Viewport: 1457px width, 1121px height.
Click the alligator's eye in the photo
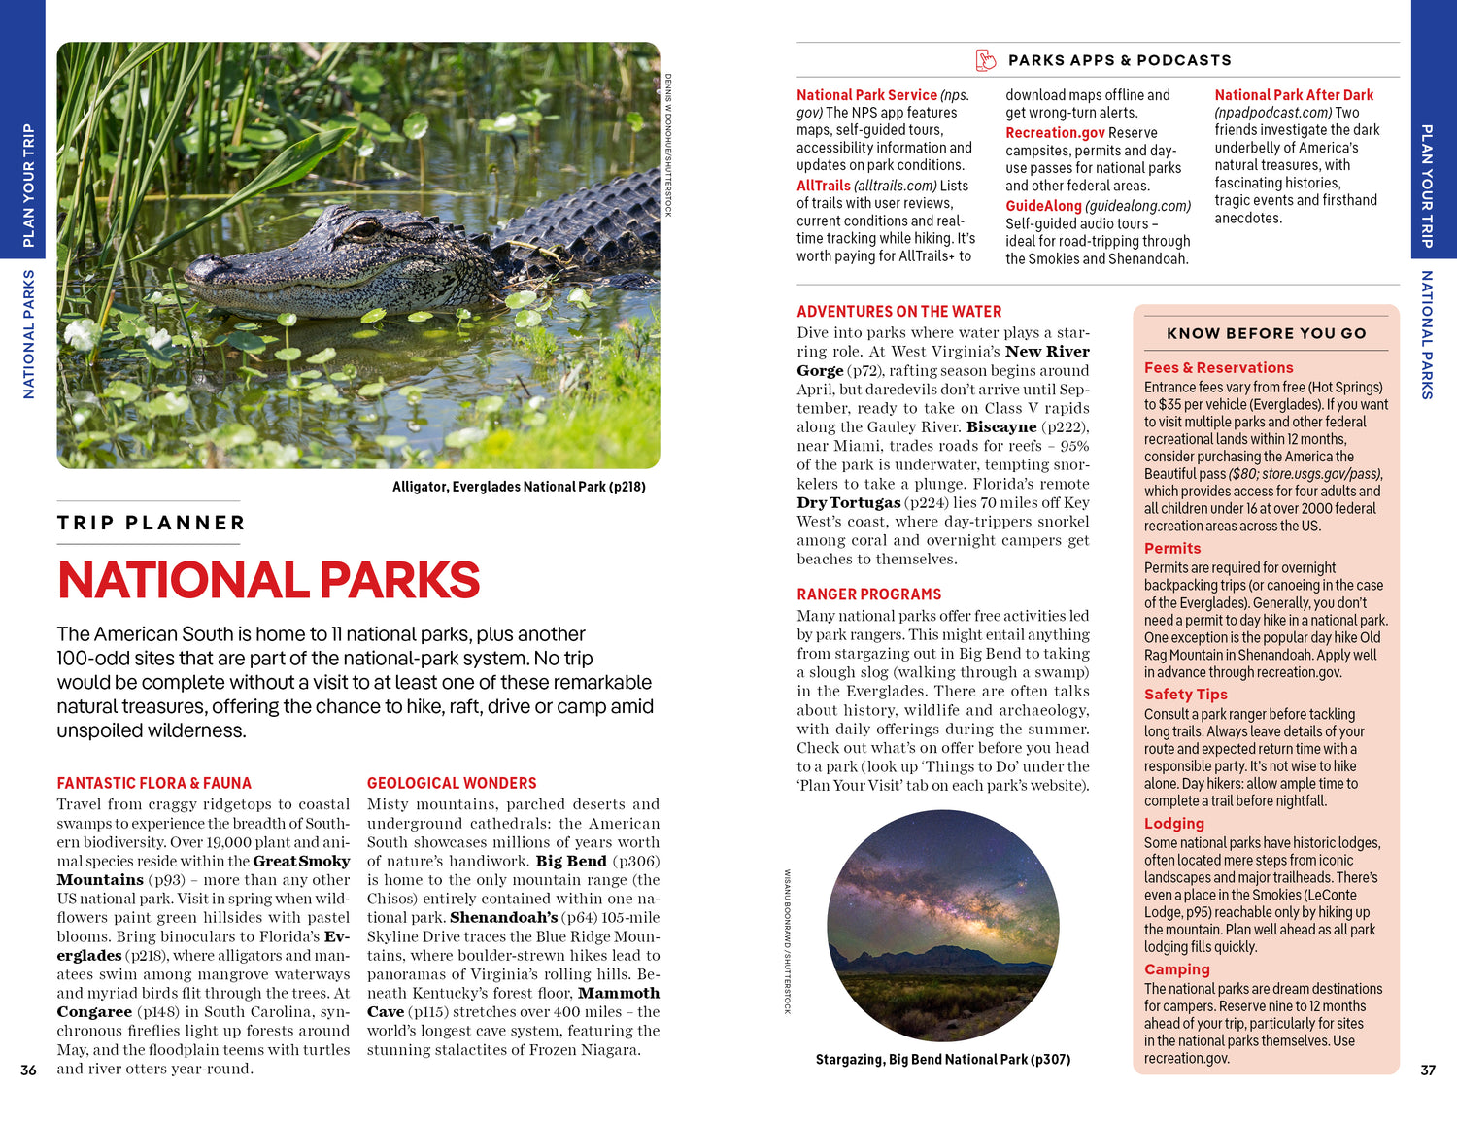(x=364, y=230)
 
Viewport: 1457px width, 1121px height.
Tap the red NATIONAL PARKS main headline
(x=268, y=580)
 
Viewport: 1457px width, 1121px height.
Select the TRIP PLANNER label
(x=151, y=523)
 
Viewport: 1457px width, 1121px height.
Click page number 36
(x=28, y=1070)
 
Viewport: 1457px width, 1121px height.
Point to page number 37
(x=1427, y=1070)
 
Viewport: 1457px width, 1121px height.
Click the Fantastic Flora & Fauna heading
(x=153, y=783)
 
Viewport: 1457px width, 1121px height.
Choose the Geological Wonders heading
(x=452, y=783)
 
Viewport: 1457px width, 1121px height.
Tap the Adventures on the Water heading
(x=898, y=312)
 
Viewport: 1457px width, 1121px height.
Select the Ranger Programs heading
(x=868, y=594)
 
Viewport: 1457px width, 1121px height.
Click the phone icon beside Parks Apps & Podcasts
(x=986, y=60)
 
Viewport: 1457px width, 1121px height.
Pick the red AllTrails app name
(x=824, y=186)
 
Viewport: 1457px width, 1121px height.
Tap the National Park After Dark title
(x=1294, y=95)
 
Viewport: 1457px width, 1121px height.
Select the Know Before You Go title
(x=1266, y=333)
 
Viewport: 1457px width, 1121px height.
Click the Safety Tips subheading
(x=1185, y=695)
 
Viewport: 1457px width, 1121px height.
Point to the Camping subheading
(x=1176, y=969)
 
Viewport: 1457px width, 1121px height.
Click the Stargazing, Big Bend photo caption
(x=942, y=1060)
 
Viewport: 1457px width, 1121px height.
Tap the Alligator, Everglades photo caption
(x=519, y=487)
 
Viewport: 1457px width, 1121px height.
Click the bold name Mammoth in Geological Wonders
(x=618, y=993)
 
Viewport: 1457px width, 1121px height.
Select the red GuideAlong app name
(x=1043, y=206)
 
